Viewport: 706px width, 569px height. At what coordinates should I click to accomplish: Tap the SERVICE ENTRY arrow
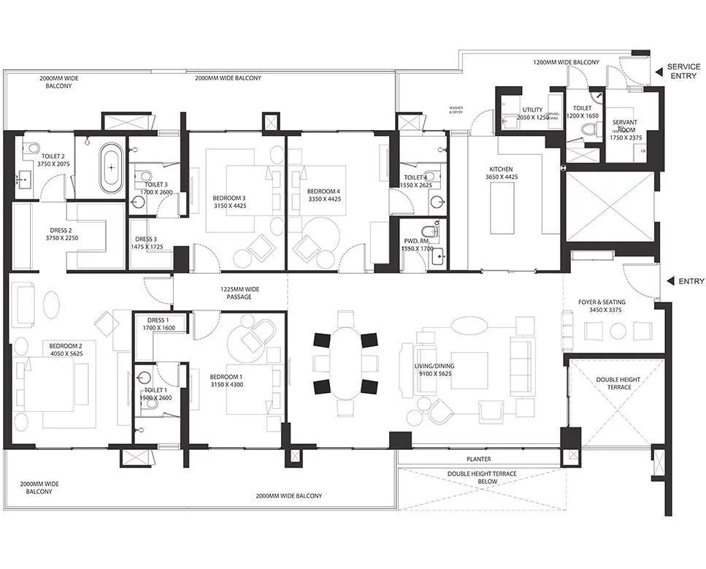pos(659,71)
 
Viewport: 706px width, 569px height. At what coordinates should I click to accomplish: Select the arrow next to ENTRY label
pos(669,281)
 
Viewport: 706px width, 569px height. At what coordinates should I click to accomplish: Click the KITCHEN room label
pos(502,169)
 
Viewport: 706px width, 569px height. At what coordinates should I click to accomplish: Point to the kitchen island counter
pos(502,208)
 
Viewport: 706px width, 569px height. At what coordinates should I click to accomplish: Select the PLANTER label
pos(479,459)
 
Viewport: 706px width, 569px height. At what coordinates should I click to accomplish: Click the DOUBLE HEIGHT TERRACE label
pos(613,383)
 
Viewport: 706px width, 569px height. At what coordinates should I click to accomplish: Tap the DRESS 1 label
pos(158,320)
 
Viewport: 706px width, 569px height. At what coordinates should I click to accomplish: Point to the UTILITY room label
pos(532,109)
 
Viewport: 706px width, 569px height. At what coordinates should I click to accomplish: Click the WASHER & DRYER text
pos(456,110)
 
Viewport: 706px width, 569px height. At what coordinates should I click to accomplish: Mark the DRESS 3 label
pos(146,239)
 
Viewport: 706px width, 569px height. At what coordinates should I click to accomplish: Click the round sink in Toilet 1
pos(144,377)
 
